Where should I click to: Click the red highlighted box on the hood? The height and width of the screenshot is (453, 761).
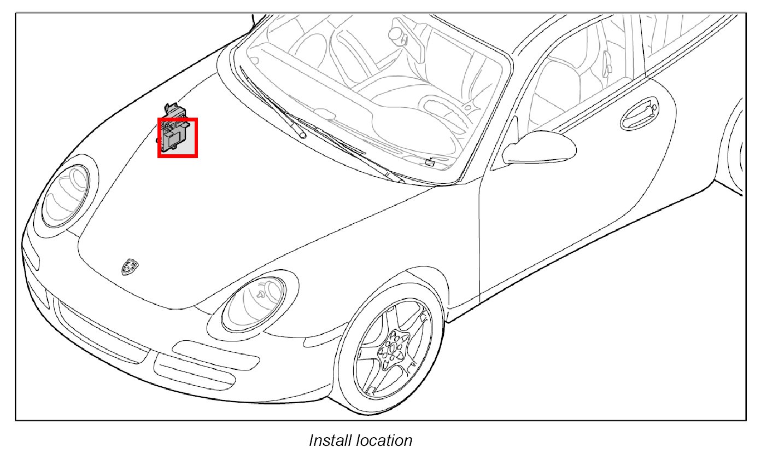tap(178, 138)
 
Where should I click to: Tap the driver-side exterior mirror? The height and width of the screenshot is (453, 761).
tap(539, 147)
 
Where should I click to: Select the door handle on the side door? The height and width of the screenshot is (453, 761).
tap(639, 114)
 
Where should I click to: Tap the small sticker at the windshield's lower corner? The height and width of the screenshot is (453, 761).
tap(430, 162)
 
